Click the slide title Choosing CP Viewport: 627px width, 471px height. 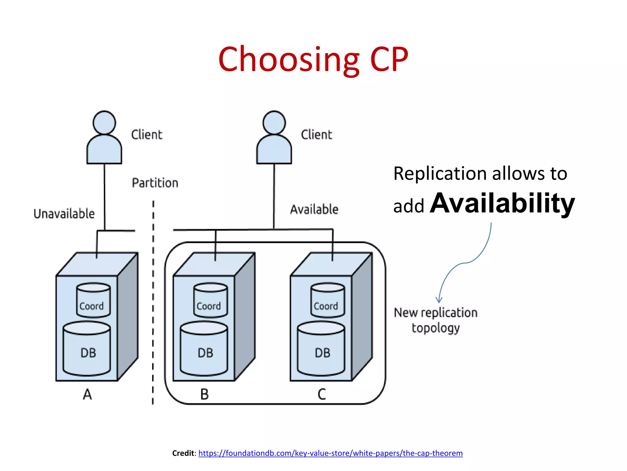point(313,59)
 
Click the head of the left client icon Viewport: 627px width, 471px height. point(104,123)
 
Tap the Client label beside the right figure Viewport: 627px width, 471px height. point(316,135)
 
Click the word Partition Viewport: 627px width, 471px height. point(155,183)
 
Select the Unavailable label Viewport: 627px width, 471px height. point(64,214)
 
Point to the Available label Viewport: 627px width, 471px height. point(314,209)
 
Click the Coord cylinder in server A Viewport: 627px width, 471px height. point(93,301)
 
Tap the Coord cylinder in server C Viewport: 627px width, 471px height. point(328,301)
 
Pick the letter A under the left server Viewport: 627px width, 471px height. point(87,394)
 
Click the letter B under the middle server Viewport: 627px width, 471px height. point(205,394)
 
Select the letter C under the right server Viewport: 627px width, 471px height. point(322,394)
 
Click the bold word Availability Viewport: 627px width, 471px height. point(502,203)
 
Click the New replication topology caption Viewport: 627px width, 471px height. point(435,320)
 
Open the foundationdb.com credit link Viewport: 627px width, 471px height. point(330,453)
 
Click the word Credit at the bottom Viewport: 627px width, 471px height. point(183,453)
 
